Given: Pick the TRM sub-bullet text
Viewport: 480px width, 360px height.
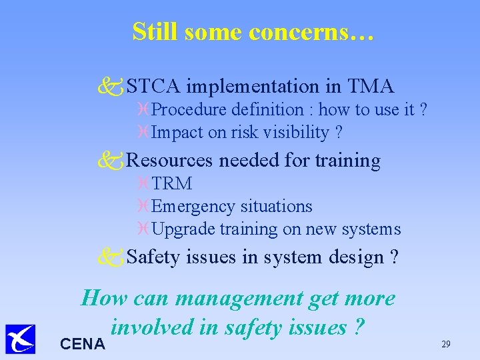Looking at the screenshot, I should [x=172, y=184].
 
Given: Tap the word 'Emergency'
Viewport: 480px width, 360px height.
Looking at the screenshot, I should [x=193, y=207].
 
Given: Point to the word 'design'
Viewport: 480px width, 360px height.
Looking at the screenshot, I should [x=356, y=257].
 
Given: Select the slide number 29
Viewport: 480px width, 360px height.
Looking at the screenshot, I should [x=446, y=344].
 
